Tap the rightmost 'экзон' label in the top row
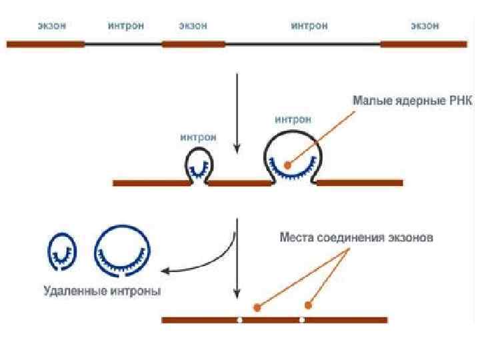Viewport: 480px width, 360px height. (x=424, y=26)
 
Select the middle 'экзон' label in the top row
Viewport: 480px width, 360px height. (x=193, y=26)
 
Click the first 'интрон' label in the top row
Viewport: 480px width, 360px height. (x=126, y=26)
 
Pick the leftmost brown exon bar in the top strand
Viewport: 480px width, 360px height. (x=45, y=44)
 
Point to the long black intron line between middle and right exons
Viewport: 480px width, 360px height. (x=303, y=44)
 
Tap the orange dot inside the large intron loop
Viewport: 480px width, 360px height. (x=287, y=165)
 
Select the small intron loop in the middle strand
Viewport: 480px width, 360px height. (x=198, y=164)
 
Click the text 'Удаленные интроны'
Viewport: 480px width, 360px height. (x=102, y=291)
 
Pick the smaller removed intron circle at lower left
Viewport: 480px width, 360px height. (x=62, y=251)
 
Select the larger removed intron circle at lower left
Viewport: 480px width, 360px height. (x=123, y=251)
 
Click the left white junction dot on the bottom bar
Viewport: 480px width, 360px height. (x=239, y=320)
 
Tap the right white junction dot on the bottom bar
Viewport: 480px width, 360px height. (x=302, y=320)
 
